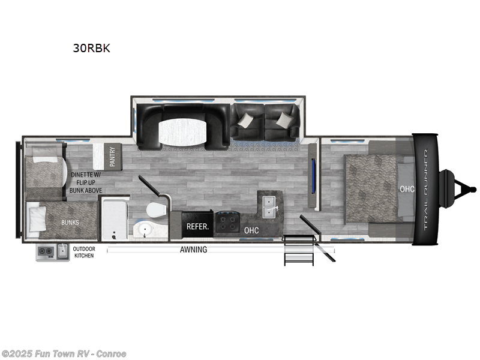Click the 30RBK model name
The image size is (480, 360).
click(91, 49)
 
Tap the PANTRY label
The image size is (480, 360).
click(112, 157)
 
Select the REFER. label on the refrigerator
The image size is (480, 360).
click(197, 227)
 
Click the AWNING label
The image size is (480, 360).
click(193, 250)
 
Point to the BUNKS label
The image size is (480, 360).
click(70, 223)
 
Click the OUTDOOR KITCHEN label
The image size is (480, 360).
click(84, 252)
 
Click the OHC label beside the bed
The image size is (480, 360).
click(407, 188)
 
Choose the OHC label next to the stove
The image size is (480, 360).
click(251, 230)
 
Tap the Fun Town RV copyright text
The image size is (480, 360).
click(64, 354)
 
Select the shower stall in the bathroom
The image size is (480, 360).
click(115, 220)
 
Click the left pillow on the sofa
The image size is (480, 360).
click(245, 121)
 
